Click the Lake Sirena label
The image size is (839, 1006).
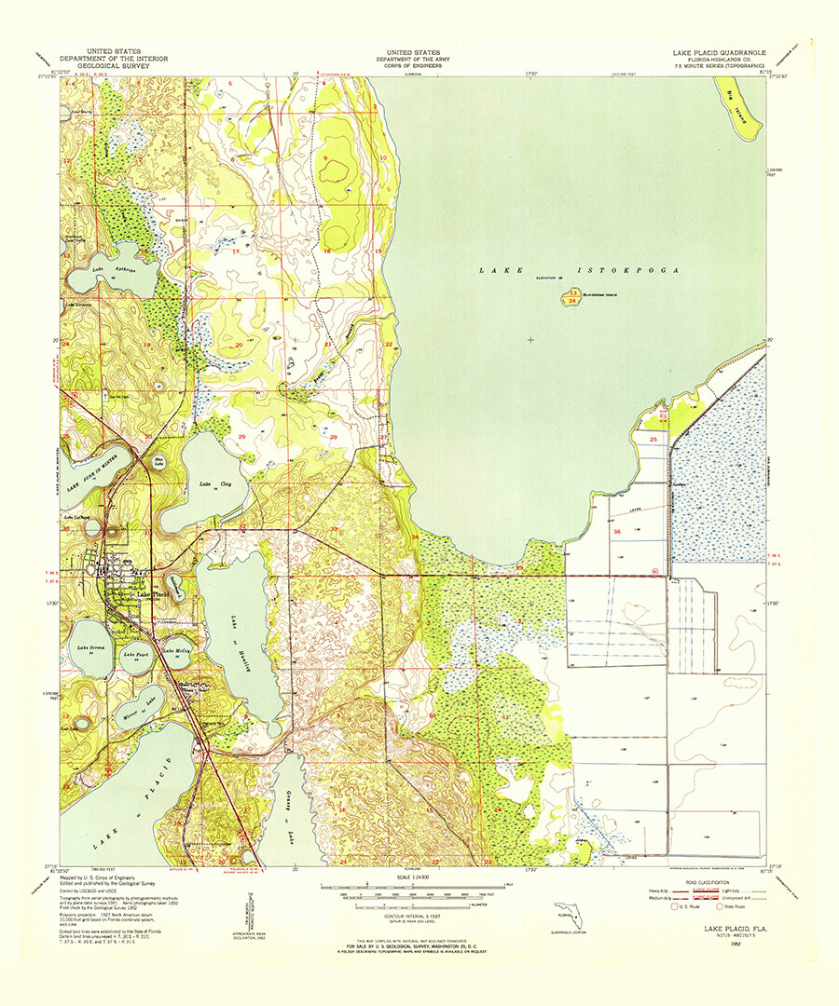[90, 647]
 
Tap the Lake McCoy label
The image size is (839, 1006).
[176, 650]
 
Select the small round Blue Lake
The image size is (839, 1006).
[158, 460]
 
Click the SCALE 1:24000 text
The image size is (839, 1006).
[417, 877]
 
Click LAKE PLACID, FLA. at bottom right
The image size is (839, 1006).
[724, 930]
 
